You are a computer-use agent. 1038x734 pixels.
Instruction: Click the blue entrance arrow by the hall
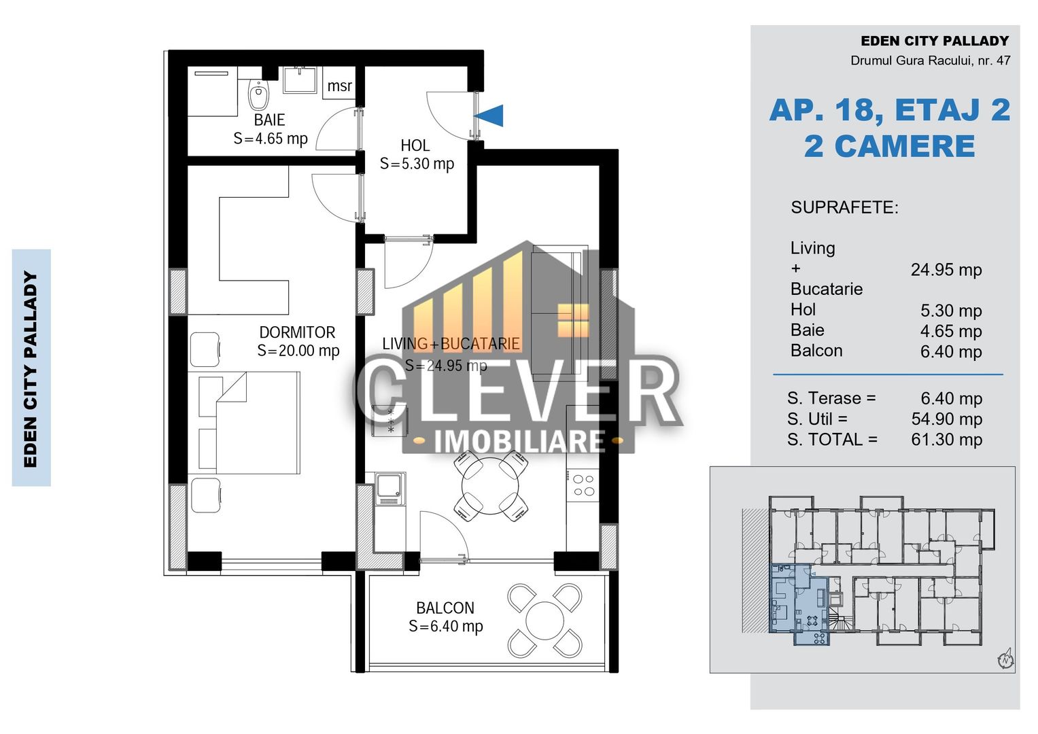coord(489,116)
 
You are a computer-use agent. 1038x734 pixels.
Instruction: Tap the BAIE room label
coord(269,120)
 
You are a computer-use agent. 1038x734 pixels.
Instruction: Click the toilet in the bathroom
coord(258,95)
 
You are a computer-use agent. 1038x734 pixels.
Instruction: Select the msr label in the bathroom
coord(339,86)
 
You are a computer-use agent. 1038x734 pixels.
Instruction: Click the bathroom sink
coord(299,80)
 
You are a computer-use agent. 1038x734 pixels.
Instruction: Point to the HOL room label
coord(415,145)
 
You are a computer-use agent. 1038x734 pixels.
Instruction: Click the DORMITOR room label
coord(297,332)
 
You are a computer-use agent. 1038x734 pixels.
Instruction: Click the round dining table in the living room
coord(490,487)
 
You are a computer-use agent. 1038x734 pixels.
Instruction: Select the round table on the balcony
coord(544,621)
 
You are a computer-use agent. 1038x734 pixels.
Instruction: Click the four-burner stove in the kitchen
coord(583,485)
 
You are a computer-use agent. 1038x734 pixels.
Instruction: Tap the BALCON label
coord(445,608)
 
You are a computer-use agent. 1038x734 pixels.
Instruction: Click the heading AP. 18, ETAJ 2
coord(889,110)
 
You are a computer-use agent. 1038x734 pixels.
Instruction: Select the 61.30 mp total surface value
coord(946,440)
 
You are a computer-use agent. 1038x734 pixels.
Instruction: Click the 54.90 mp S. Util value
coord(946,419)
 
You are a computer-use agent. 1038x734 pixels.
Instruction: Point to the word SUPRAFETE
coord(844,208)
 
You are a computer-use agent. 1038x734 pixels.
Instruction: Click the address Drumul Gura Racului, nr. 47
coord(930,60)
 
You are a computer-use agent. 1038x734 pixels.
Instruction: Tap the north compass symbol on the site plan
coord(1005,659)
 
